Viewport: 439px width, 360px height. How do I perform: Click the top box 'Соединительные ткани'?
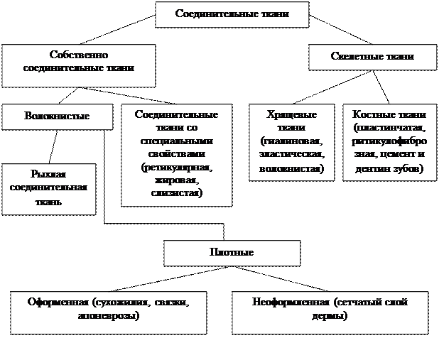[x=232, y=14]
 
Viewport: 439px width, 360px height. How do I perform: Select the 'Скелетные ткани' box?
[x=372, y=57]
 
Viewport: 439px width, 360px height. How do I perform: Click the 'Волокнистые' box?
[x=57, y=116]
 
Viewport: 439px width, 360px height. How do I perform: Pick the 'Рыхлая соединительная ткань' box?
[x=48, y=189]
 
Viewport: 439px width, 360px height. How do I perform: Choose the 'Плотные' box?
[x=232, y=253]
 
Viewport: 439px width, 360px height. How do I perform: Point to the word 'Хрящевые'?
[x=291, y=115]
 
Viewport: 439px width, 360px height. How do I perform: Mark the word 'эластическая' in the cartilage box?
[x=292, y=155]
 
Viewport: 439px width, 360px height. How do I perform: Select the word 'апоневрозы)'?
[x=107, y=315]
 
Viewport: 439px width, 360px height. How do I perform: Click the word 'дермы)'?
[x=333, y=315]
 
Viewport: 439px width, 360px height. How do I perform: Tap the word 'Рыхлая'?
[x=48, y=175]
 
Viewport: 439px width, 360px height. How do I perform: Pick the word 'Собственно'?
[x=78, y=55]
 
